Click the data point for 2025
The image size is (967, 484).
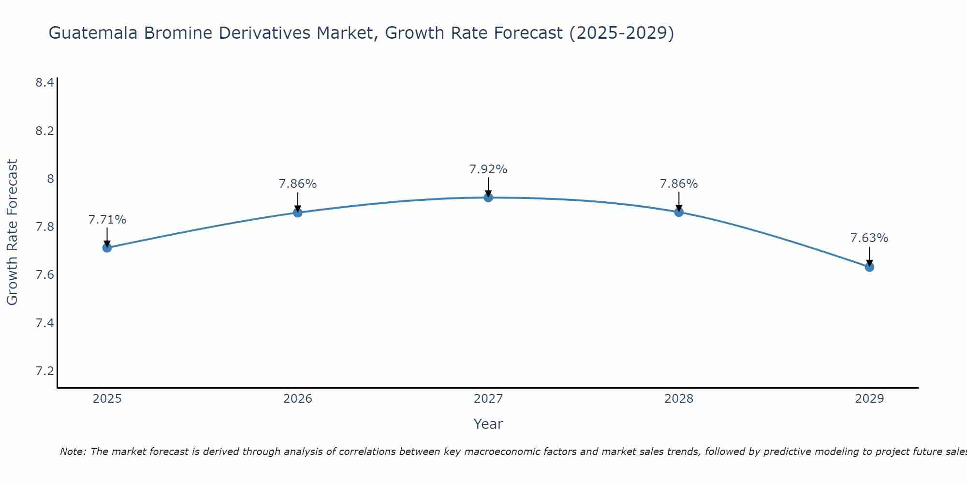(x=107, y=248)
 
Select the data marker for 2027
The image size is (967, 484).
(x=488, y=197)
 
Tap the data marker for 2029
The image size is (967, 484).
(x=869, y=267)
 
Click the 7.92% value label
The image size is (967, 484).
(x=488, y=169)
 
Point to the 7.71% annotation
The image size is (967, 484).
(x=107, y=220)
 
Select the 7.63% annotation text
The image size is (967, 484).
(x=869, y=238)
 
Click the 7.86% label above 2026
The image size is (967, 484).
(x=297, y=184)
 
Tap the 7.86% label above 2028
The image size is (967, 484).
(x=679, y=184)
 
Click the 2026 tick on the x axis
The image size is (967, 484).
(x=297, y=399)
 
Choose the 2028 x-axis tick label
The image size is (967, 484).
(x=679, y=399)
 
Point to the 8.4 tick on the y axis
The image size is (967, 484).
(x=44, y=83)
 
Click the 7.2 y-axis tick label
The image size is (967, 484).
(x=44, y=371)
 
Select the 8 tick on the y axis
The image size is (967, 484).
(x=50, y=179)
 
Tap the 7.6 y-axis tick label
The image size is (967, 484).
(x=44, y=275)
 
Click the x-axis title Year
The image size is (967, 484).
(x=488, y=424)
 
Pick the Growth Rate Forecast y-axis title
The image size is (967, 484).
(x=12, y=232)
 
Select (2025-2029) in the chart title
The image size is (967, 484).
(x=621, y=33)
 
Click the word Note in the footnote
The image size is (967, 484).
(x=73, y=452)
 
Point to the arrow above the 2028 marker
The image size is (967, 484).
(x=679, y=201)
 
